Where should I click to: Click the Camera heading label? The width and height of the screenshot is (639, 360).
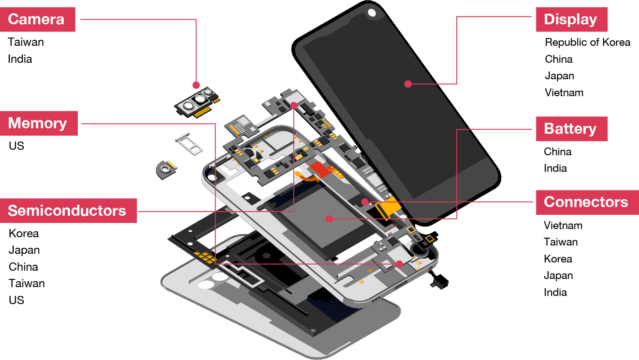pos(38,19)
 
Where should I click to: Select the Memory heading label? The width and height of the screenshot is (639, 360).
pos(39,123)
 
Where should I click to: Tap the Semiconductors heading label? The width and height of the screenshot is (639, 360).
pos(68,211)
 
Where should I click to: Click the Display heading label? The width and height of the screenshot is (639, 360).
pos(572,19)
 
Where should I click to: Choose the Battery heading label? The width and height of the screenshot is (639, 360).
pos(572,129)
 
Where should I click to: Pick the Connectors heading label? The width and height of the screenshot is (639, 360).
pos(587,202)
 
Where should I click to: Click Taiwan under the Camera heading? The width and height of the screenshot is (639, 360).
pos(26,42)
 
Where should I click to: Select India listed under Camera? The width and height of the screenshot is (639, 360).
pos(20,59)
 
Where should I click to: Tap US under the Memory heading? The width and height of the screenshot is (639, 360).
pos(16,146)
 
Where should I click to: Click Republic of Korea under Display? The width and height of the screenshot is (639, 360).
pos(587,42)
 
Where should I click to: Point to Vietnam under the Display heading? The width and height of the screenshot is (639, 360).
pos(564,93)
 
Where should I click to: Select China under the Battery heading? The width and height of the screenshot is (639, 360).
pos(558,152)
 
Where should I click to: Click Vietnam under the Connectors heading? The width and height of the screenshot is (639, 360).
pos(563,225)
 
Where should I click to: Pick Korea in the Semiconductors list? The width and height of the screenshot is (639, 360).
pos(24,234)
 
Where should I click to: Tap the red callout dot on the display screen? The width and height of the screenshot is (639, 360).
pos(408,84)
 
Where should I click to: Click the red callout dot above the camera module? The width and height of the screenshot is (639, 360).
pos(196,85)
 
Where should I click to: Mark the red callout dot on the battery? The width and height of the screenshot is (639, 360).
pos(330,219)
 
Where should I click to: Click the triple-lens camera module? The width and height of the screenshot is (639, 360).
pos(197,103)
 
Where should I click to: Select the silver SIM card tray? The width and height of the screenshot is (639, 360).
pos(189,144)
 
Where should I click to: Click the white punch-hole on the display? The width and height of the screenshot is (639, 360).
pos(372,12)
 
